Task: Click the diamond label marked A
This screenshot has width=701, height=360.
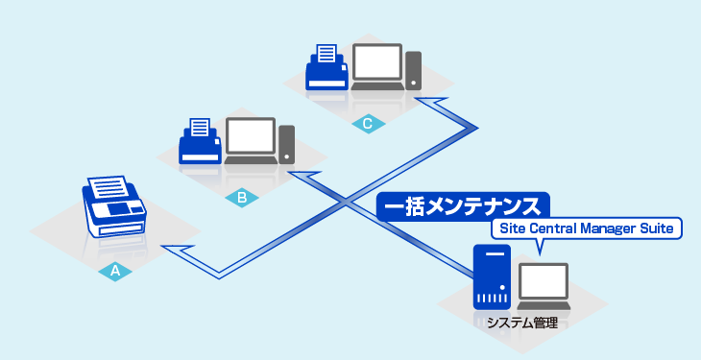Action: [x=114, y=272]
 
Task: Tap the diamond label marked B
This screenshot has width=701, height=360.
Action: [x=242, y=198]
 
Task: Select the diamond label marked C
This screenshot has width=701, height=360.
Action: [x=367, y=124]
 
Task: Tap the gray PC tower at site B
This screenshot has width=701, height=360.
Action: [x=287, y=143]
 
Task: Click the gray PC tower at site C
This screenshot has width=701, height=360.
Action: [x=413, y=70]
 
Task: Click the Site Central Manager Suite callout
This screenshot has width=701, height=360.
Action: [x=586, y=228]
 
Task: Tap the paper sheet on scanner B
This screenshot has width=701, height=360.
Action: [x=201, y=128]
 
